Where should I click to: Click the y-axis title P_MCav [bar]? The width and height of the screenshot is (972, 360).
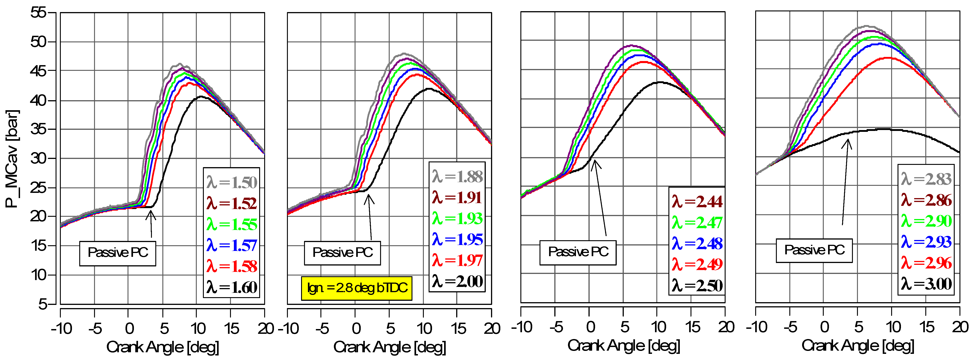(x=12, y=158)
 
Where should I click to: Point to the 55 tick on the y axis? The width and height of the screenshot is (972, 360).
(x=38, y=13)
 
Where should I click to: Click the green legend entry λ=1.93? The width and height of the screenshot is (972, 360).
(x=457, y=219)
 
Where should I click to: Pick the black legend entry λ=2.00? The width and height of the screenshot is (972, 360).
(x=457, y=281)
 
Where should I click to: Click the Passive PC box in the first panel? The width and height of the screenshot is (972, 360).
(x=118, y=253)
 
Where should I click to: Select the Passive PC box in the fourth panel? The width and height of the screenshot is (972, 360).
(x=814, y=250)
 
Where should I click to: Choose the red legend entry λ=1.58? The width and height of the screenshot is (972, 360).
(x=231, y=266)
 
